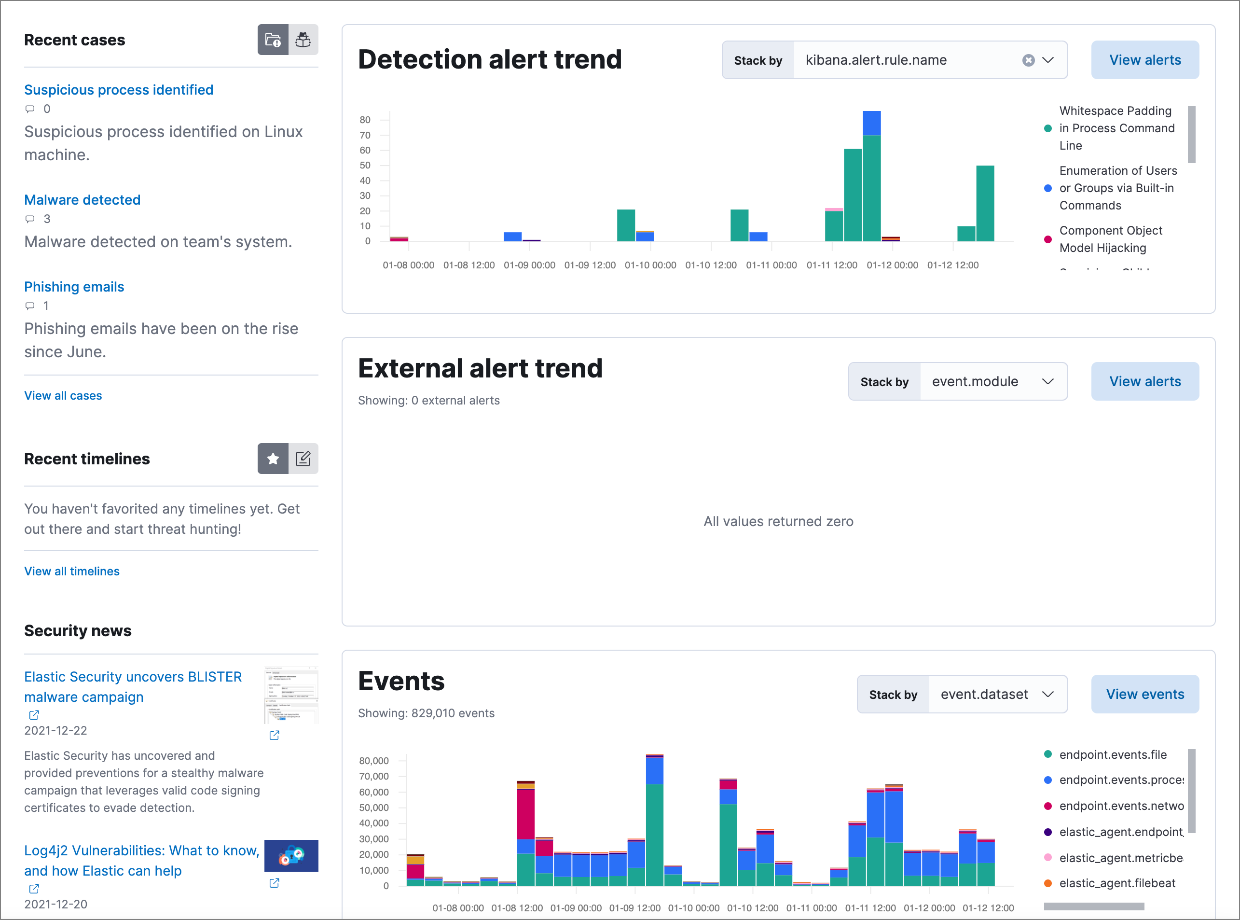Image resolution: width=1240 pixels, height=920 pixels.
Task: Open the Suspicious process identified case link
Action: [119, 90]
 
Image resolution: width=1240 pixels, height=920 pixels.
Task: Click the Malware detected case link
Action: [83, 200]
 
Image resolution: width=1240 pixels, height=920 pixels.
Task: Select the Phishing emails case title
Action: [74, 287]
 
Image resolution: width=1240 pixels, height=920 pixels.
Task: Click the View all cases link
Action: [63, 395]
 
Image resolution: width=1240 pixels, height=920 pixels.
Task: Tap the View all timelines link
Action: [72, 572]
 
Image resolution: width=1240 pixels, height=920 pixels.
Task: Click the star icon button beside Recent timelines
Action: [273, 459]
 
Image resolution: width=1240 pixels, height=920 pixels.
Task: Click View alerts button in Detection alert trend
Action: [1145, 60]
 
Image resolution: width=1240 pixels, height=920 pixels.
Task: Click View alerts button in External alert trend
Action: [1145, 381]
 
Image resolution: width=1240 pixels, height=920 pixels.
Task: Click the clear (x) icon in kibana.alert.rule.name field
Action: [1029, 60]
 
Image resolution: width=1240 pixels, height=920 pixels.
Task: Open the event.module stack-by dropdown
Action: [993, 381]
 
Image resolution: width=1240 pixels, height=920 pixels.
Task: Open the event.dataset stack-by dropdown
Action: [997, 695]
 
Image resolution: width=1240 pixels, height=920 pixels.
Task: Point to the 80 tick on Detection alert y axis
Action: [365, 120]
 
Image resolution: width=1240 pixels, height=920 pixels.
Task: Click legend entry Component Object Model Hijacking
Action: [1110, 239]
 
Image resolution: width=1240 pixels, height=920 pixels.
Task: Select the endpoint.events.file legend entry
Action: [1113, 754]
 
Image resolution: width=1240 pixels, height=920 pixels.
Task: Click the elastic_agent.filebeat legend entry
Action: [1117, 883]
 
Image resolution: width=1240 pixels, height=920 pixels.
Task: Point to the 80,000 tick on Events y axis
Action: [374, 761]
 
